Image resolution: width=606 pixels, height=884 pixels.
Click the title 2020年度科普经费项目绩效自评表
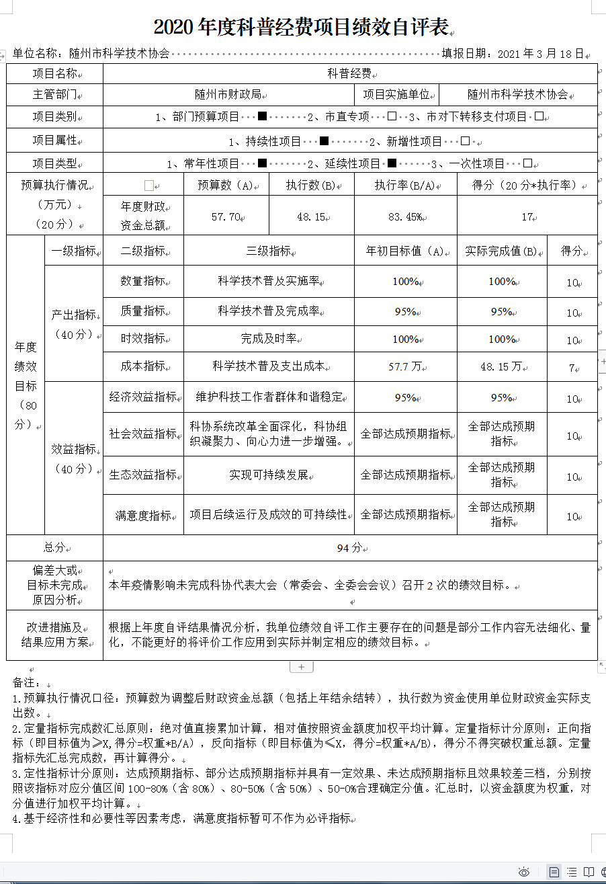tap(300, 28)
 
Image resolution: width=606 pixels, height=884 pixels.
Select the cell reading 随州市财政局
tap(228, 95)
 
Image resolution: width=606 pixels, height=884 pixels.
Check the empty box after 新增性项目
tap(466, 141)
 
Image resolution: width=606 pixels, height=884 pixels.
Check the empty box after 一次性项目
tap(527, 163)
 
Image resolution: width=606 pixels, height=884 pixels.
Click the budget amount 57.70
tap(226, 217)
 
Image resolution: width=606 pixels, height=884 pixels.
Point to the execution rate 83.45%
tap(405, 217)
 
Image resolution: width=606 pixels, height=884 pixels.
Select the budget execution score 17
tap(527, 217)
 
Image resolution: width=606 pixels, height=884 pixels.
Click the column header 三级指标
tap(269, 251)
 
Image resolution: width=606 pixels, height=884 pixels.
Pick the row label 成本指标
tap(142, 366)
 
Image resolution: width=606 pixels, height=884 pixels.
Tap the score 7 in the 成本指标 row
tap(572, 368)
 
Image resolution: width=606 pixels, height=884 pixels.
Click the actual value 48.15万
tap(501, 366)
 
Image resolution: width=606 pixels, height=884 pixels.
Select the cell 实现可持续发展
tap(269, 475)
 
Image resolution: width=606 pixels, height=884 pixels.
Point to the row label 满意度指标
tap(142, 516)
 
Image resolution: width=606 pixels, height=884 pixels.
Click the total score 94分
tap(349, 548)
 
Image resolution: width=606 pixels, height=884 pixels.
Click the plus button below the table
tap(301, 667)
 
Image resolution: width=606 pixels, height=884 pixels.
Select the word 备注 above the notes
tap(23, 683)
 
